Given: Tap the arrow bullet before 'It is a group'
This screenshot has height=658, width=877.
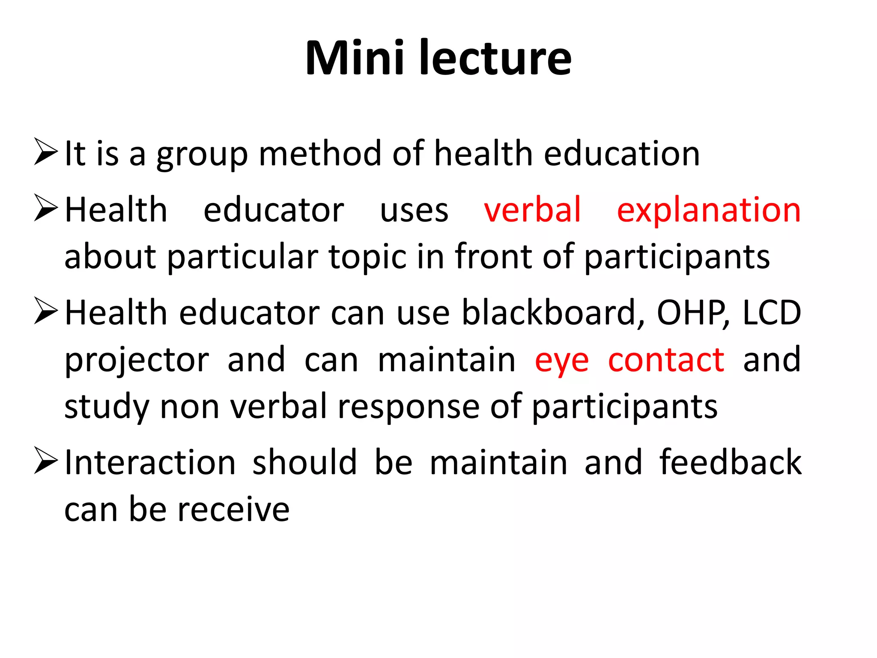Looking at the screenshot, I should (x=45, y=152).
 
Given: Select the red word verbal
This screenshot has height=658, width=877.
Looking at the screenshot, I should (x=532, y=210).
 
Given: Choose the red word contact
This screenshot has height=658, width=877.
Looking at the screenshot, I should (x=666, y=360).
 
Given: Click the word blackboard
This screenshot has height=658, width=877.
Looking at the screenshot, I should (x=553, y=313).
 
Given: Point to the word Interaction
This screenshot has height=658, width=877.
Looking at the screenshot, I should (x=150, y=463).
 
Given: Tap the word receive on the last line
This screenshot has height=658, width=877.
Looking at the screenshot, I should (x=233, y=510).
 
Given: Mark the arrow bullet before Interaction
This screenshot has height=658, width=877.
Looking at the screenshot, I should (x=45, y=461).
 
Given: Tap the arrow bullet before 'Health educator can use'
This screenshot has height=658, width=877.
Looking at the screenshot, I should (x=45, y=311).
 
